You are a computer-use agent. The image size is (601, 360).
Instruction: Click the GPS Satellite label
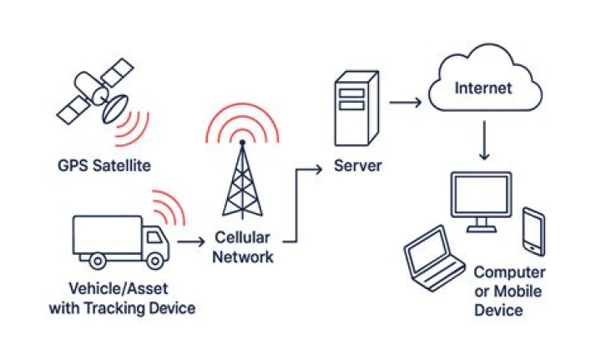coord(104,166)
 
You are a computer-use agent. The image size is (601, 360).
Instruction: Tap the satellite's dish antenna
coord(114,109)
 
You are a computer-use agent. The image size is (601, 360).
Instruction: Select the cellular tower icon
coord(242,180)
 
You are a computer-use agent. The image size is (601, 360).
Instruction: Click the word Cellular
coord(242,237)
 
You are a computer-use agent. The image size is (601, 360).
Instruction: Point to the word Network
coord(243,256)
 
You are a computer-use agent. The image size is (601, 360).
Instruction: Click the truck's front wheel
coord(155,261)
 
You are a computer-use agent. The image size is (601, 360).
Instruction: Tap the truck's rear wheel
coord(98,261)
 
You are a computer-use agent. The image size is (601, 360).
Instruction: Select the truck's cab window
coord(154,237)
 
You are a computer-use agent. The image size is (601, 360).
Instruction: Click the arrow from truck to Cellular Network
coord(191,242)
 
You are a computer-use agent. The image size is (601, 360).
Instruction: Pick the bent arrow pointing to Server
coord(296,205)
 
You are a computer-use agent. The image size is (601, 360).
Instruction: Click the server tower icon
coord(357,108)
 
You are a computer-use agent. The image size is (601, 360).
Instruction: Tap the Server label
coord(357,166)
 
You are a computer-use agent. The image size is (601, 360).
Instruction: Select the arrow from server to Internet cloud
coord(405,103)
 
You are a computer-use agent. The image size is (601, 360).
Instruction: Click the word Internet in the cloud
coord(483,89)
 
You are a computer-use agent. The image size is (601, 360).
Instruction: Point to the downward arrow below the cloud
coord(484,140)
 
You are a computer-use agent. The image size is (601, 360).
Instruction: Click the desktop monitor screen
coord(482,195)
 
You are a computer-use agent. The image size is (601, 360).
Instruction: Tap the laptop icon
coord(434,258)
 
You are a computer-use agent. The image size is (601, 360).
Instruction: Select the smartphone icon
coord(534,231)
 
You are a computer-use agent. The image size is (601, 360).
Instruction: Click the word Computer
coord(509,272)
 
